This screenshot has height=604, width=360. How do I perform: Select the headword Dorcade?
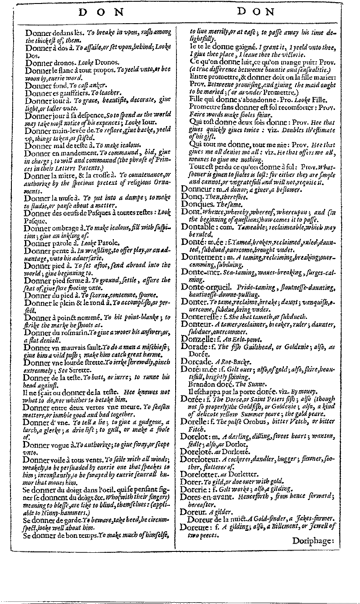click(196, 361)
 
